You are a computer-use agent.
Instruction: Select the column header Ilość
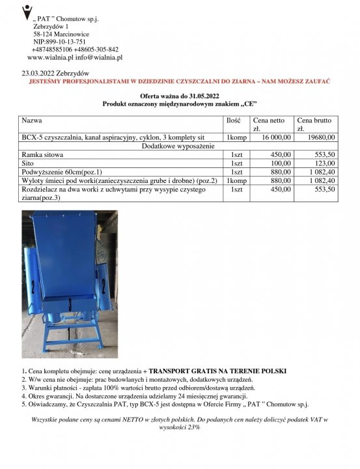234,121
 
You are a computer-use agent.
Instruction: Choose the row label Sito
28,163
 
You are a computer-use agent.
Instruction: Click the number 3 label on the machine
70,303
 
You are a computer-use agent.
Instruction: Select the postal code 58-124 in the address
46,33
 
